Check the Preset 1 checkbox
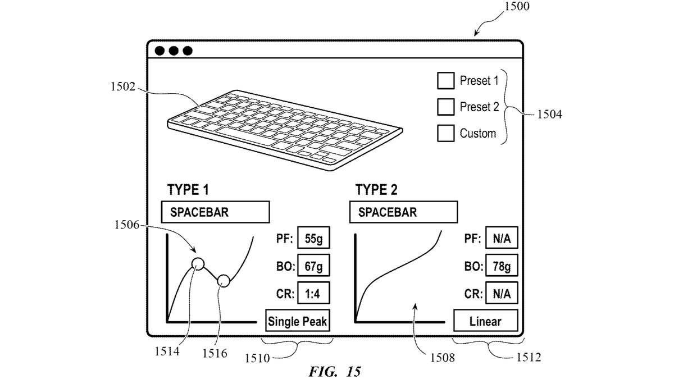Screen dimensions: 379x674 pos(445,81)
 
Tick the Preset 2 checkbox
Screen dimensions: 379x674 pos(445,107)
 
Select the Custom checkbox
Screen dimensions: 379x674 pos(445,134)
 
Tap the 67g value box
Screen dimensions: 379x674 pos(313,266)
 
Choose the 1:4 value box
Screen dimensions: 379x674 pos(313,293)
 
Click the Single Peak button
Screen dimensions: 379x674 pos(298,322)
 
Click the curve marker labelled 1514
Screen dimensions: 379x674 pos(197,263)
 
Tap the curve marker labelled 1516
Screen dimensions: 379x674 pos(224,280)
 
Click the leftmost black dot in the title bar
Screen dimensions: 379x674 pos(160,51)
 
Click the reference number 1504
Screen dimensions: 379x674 pos(548,114)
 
